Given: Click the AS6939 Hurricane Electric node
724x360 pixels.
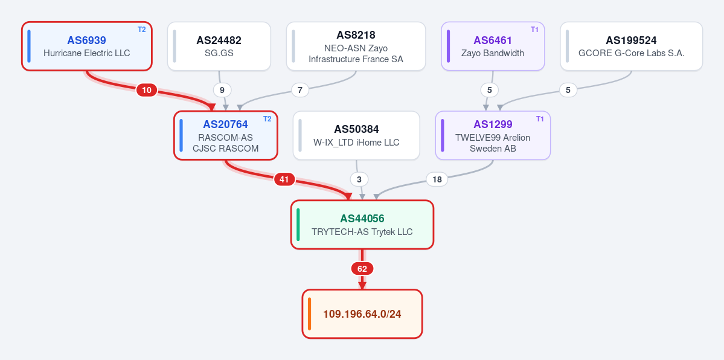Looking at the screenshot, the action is (87, 47).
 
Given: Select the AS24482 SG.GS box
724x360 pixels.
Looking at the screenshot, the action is (219, 47).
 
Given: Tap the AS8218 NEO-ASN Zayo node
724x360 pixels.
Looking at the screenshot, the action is (356, 47).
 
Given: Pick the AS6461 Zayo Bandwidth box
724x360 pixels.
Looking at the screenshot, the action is (493, 47).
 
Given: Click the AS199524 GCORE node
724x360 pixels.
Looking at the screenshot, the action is (631, 47).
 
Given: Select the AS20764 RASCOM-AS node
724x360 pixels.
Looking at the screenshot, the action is (225, 135).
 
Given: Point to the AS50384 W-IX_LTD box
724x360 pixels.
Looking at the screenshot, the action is (356, 135).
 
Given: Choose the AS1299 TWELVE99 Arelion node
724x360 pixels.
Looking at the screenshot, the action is (493, 135).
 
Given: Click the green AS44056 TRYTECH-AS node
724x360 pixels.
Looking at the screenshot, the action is (362, 225).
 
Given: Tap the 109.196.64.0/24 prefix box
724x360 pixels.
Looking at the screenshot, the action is (362, 313).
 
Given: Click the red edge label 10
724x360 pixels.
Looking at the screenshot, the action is (146, 90).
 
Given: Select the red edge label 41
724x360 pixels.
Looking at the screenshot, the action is (284, 179).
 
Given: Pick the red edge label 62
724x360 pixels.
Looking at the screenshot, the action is (362, 269).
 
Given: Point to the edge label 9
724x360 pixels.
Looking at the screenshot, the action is (222, 90).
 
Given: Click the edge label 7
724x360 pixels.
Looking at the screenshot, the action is (300, 90).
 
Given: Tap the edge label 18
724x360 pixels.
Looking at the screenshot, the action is (437, 179).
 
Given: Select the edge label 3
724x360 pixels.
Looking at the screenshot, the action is (359, 179).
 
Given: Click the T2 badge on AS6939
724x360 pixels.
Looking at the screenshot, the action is (142, 30).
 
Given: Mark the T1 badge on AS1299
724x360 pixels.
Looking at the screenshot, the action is (540, 119).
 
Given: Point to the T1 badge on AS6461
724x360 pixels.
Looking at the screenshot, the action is (534, 30).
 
